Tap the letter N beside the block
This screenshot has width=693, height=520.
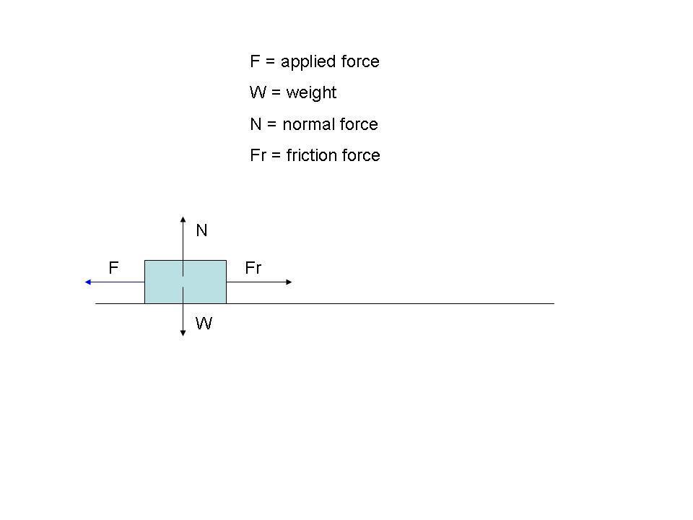click(x=201, y=230)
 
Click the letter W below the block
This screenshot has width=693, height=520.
click(x=204, y=324)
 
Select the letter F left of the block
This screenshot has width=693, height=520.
click(x=113, y=268)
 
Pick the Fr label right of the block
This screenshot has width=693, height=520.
click(x=253, y=268)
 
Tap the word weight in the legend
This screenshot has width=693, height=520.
click(x=311, y=93)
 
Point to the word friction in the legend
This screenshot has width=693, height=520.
click(x=310, y=155)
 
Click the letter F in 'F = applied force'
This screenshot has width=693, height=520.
click(x=254, y=61)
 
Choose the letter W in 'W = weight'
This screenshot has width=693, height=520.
click(x=257, y=92)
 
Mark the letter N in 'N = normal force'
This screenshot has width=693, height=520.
click(x=256, y=124)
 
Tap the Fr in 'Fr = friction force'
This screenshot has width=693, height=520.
click(x=258, y=155)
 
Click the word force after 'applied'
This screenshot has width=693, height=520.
click(x=360, y=61)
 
